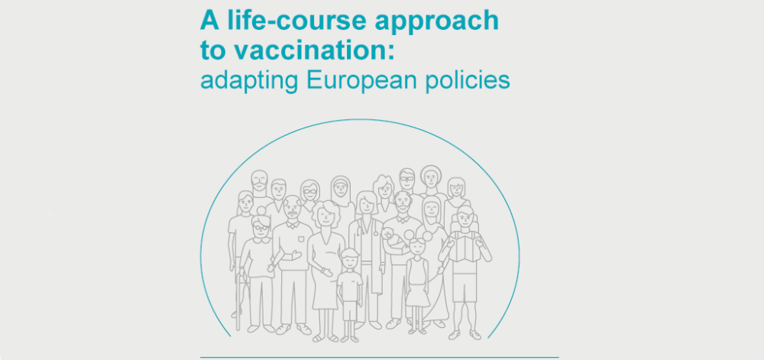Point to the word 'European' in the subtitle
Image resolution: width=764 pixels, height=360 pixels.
point(361,81)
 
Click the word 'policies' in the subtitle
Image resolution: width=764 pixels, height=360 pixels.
point(468,81)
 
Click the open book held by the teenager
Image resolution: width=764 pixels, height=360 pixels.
point(465,246)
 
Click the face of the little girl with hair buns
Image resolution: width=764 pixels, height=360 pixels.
point(418,247)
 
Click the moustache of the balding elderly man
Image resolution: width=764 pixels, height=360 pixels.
point(293,213)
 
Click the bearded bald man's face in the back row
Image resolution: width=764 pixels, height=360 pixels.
point(260,182)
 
